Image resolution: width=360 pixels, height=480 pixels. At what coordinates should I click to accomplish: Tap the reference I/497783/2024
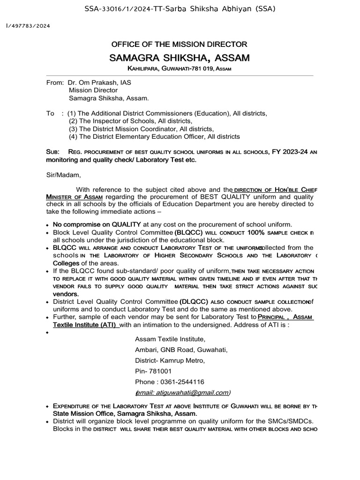[28, 26]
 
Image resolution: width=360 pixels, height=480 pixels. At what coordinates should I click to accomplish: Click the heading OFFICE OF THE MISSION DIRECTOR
[179, 45]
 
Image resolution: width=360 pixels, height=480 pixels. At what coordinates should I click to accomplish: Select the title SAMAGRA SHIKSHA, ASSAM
[179, 58]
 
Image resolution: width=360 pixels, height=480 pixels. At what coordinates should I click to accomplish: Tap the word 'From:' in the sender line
[55, 82]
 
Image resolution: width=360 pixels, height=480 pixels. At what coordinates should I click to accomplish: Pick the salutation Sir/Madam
[63, 175]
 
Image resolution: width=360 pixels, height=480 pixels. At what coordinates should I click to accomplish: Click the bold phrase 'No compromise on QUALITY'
[97, 225]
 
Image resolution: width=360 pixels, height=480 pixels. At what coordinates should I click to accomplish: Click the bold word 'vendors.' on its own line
[66, 293]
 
